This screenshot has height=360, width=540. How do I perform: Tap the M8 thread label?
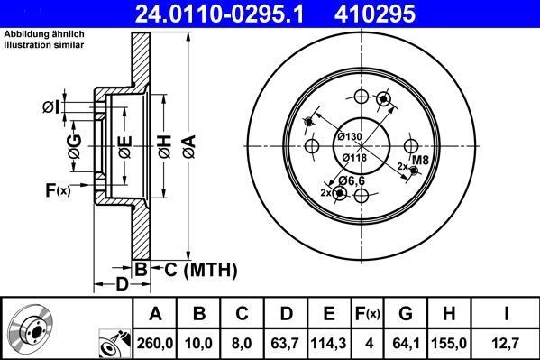pos(420,162)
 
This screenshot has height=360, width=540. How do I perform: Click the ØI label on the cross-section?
pos(50,108)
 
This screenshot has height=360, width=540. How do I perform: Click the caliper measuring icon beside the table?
pos(114,342)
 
